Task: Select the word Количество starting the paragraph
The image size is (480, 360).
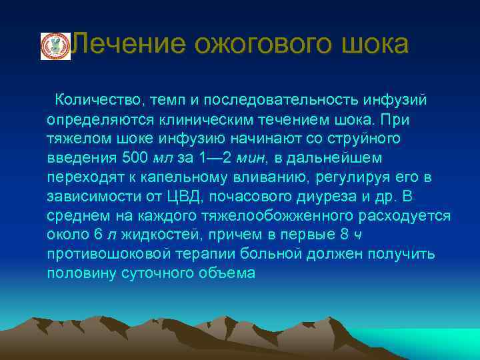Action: (97, 100)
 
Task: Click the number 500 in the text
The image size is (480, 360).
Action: (136, 159)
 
